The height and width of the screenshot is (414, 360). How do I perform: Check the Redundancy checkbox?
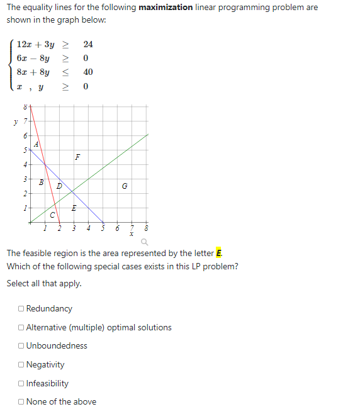[22, 309]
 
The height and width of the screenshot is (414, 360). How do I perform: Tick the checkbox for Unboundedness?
[22, 346]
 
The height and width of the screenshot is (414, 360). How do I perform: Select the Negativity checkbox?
[22, 365]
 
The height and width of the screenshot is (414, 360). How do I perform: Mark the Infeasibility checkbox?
[22, 384]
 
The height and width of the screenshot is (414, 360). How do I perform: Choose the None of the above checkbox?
[22, 402]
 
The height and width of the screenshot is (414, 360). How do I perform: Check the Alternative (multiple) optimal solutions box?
[22, 328]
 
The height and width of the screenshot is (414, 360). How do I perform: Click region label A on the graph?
[37, 143]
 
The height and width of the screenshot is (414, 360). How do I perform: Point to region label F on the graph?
[77, 157]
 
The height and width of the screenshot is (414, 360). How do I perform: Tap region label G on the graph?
[125, 186]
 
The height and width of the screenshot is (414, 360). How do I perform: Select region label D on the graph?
[59, 186]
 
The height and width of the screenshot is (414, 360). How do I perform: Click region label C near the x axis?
[52, 216]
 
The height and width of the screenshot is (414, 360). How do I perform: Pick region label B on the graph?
[41, 182]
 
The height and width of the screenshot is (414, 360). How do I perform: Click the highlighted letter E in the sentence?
[219, 254]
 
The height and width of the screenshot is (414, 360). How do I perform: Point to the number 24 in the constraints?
[88, 45]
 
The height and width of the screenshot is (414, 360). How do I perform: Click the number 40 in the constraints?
[88, 72]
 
